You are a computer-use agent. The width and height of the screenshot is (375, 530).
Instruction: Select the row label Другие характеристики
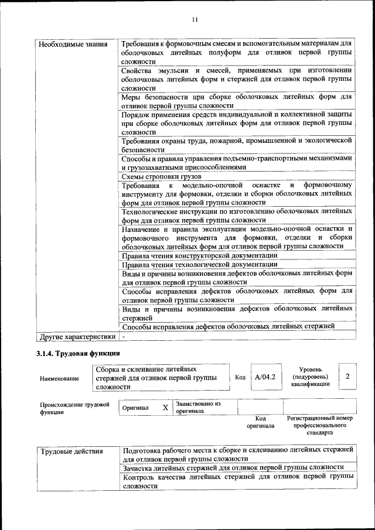(77, 337)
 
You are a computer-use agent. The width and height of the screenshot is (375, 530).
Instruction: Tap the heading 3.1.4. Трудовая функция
(78, 353)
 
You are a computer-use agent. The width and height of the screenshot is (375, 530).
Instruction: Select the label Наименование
(59, 378)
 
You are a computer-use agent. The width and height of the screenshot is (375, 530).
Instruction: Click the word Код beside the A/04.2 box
(240, 377)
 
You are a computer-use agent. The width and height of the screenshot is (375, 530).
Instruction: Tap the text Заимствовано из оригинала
(197, 407)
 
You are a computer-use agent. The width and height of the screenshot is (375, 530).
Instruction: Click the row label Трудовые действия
(71, 452)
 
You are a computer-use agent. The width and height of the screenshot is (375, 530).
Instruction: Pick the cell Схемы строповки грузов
(161, 176)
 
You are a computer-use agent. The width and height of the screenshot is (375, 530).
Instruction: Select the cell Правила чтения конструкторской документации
(199, 255)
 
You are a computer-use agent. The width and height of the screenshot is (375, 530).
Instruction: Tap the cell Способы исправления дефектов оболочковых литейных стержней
(228, 326)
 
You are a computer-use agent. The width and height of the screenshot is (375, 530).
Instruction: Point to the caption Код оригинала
(261, 422)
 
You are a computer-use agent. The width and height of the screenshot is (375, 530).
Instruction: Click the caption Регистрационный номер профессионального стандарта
(319, 425)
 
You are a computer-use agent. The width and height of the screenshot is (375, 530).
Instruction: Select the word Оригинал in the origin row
(135, 408)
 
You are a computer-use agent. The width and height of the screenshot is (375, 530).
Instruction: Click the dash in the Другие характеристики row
(124, 337)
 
